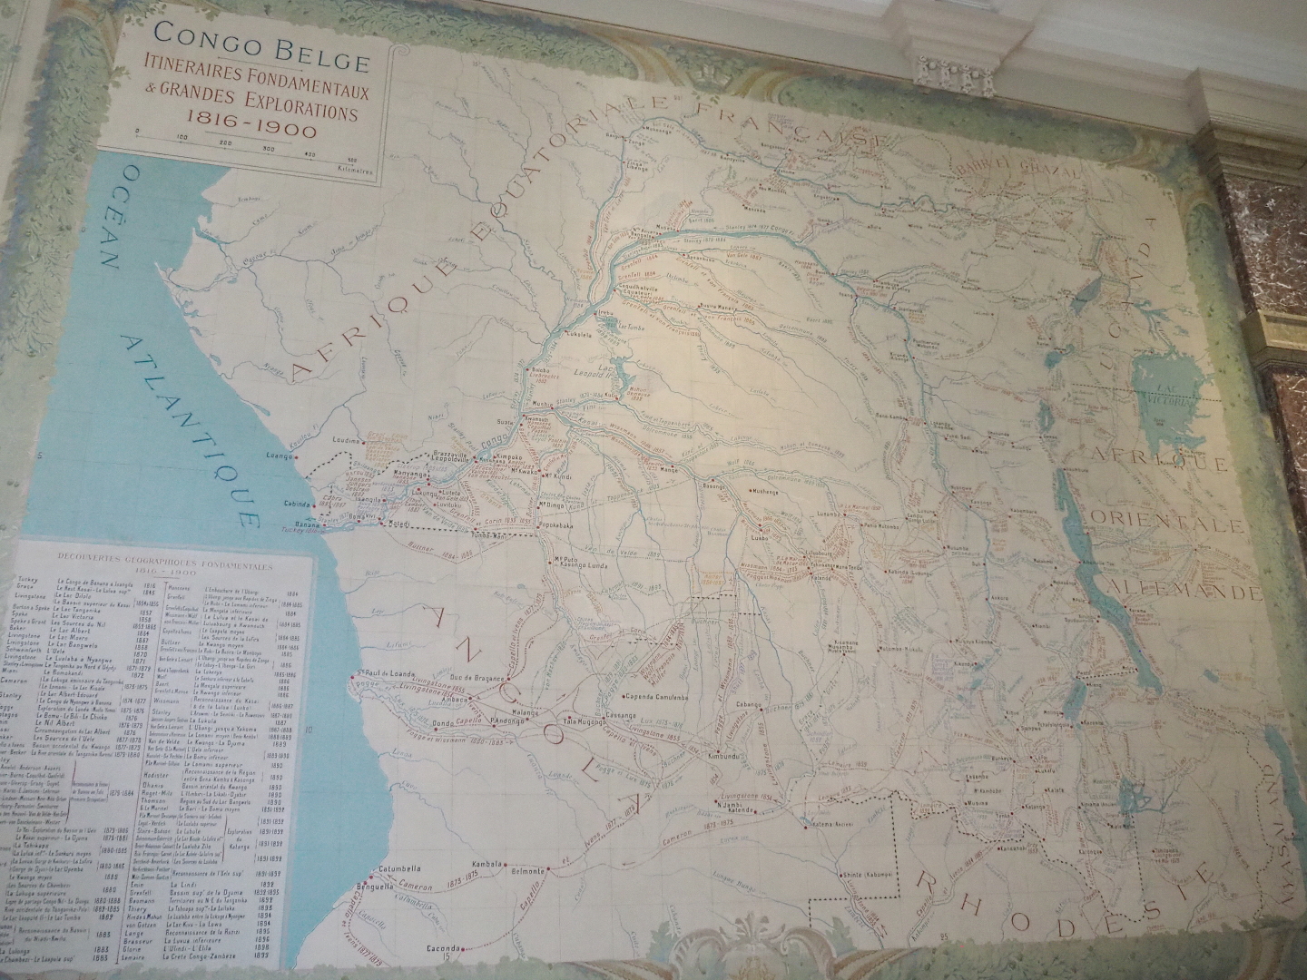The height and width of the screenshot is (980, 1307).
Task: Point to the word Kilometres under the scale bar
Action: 355,168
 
